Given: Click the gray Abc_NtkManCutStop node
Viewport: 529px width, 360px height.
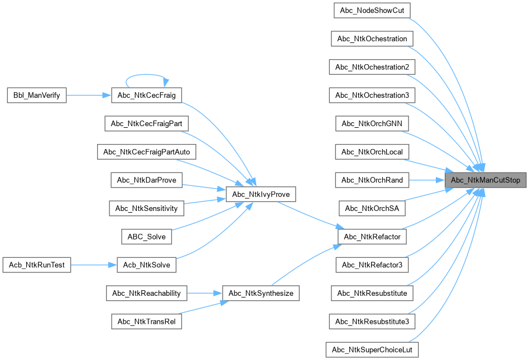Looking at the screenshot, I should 485,180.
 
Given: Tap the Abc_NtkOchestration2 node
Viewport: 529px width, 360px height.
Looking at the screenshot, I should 372,67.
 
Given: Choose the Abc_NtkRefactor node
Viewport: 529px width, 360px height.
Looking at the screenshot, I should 372,237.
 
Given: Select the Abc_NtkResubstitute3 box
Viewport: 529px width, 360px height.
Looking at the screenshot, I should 372,321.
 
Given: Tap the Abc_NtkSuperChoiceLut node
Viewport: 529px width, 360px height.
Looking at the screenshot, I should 372,350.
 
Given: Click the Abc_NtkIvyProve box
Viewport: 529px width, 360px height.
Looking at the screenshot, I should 260,194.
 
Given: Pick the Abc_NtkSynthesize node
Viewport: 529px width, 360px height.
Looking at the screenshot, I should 261,293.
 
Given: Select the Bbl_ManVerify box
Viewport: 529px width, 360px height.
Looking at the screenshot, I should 36,95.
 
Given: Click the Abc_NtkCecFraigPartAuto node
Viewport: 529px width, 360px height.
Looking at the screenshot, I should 147,152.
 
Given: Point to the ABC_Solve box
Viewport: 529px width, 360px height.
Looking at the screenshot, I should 147,237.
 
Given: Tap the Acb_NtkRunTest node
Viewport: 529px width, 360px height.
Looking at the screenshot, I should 36,265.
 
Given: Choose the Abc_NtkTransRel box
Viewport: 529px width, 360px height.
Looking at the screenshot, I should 147,321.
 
